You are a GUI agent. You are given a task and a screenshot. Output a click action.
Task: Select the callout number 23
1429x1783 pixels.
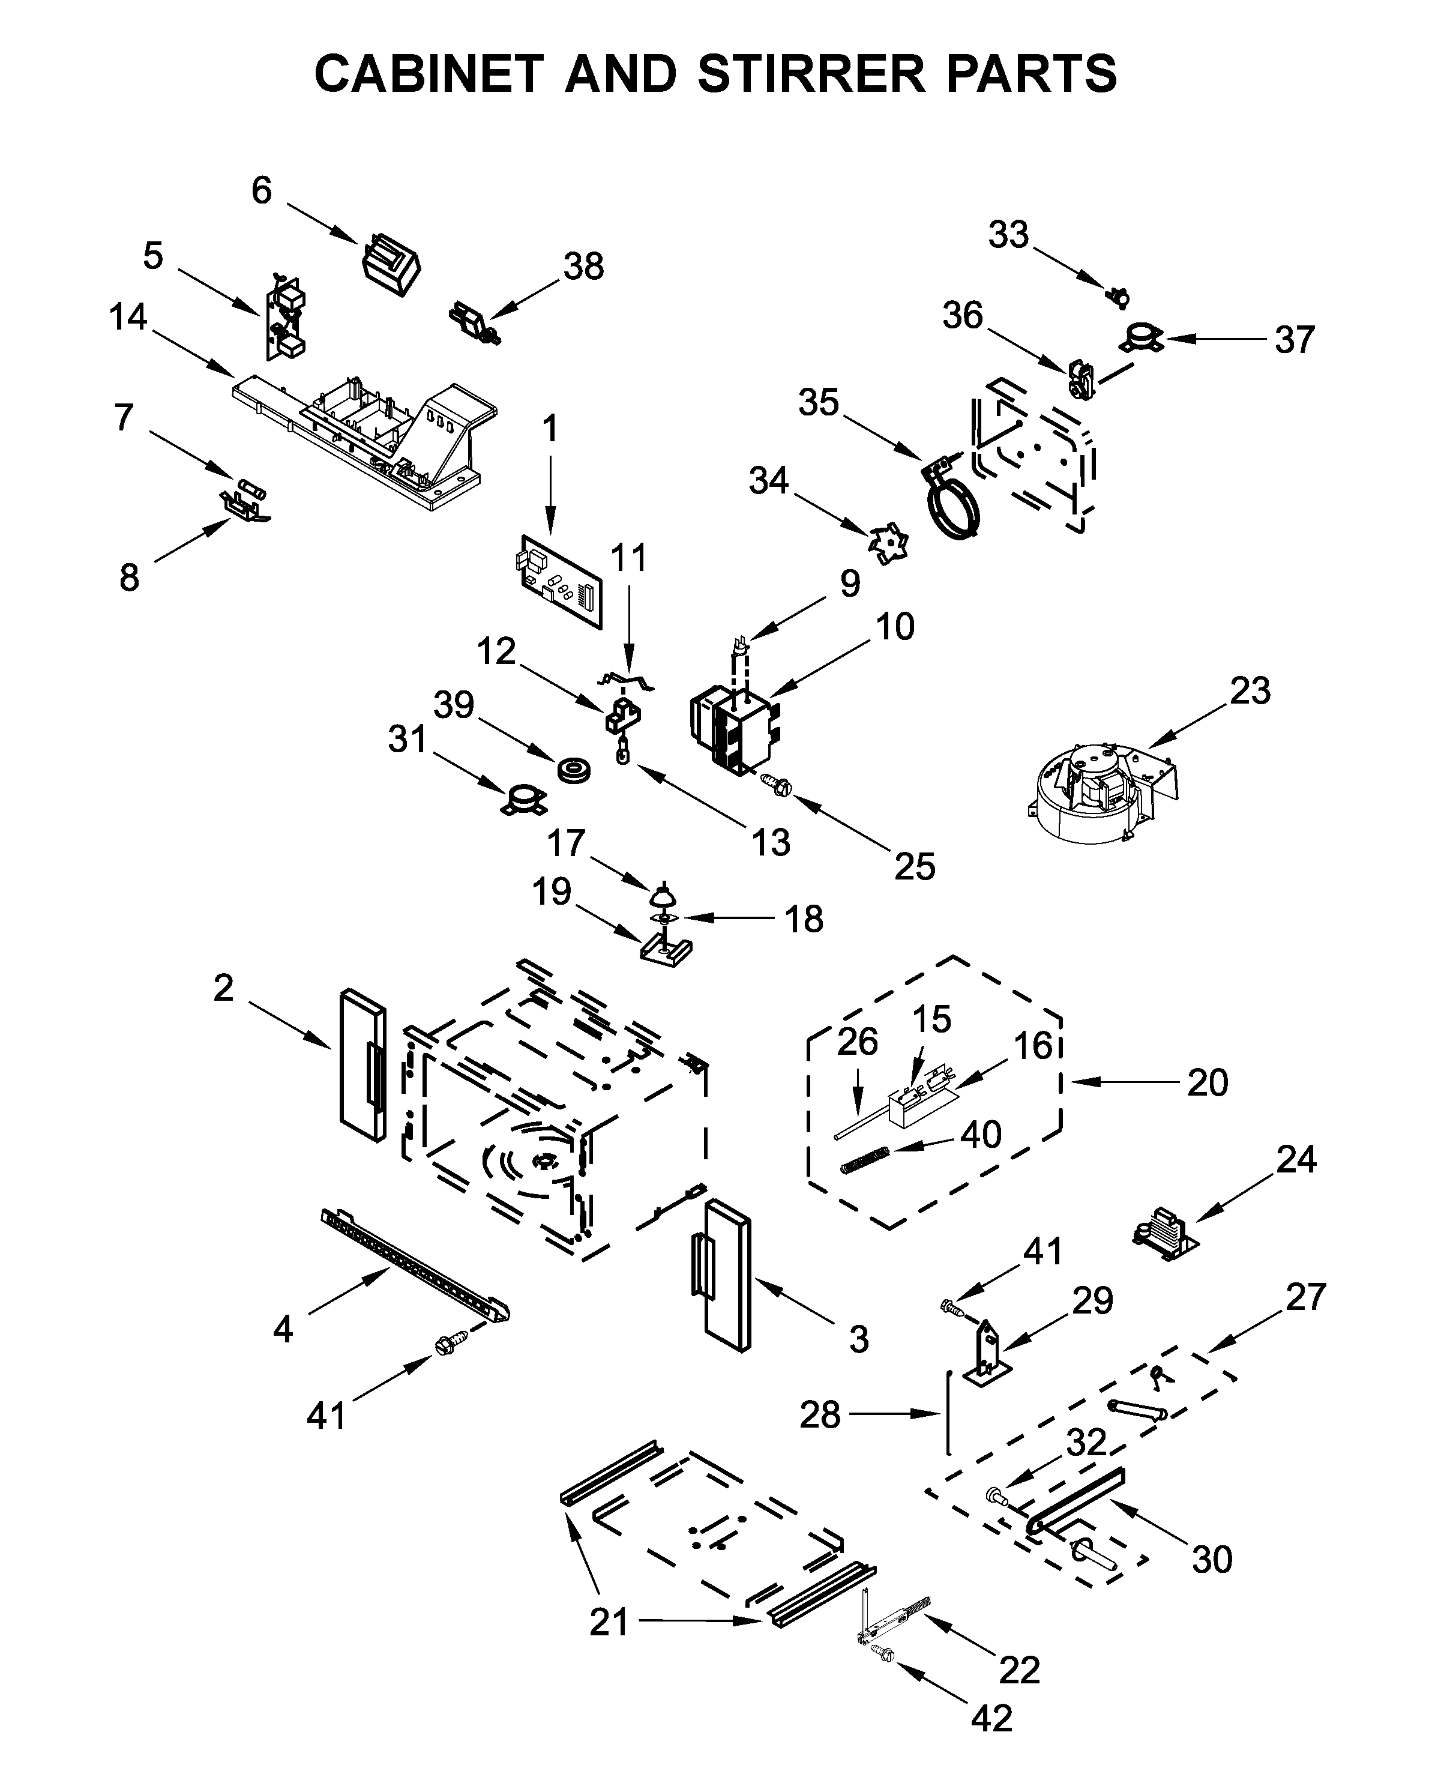(1249, 692)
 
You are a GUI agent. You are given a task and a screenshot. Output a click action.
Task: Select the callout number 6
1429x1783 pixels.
(261, 191)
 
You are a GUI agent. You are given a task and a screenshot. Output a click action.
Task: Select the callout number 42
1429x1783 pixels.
(991, 1719)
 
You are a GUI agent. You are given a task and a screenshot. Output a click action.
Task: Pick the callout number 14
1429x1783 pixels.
(128, 318)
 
